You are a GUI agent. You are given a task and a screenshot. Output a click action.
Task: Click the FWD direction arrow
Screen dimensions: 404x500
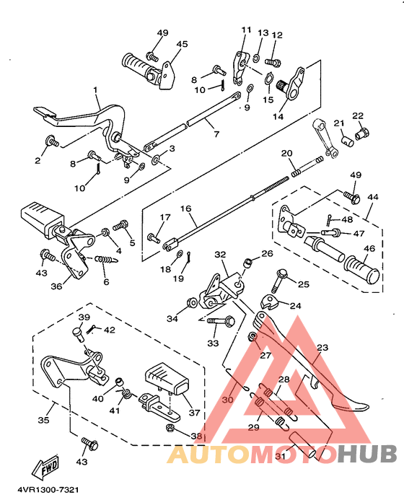point(46,467)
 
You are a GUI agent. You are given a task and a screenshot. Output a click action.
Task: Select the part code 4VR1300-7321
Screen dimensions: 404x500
point(48,489)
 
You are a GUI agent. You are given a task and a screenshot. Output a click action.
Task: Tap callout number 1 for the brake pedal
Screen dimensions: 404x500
point(95,90)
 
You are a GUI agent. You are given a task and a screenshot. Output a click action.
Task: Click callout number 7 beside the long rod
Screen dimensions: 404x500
point(217,134)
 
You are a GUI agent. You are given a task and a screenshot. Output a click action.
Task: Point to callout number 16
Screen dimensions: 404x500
point(186,209)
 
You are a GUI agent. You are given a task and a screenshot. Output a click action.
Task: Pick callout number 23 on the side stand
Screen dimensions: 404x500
point(322,347)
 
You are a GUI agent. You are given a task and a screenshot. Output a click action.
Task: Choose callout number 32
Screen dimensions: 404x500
point(220,255)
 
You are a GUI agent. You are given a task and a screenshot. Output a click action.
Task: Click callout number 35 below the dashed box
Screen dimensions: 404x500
point(44,420)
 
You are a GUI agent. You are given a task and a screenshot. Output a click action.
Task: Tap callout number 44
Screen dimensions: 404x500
point(373,197)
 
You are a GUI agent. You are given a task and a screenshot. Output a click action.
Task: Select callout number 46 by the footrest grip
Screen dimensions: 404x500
point(369,248)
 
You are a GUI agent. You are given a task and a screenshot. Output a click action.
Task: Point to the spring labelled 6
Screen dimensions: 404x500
point(106,260)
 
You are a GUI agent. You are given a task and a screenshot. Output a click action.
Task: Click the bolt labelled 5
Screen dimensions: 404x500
point(120,225)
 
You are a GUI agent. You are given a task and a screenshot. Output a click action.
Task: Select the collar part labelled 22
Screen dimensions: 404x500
point(362,133)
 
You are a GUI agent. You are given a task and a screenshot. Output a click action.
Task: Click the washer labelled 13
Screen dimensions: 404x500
point(256,58)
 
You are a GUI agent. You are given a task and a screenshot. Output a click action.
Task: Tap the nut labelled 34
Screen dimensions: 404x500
point(193,302)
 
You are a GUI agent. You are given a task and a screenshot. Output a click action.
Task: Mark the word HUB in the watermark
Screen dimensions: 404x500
point(367,452)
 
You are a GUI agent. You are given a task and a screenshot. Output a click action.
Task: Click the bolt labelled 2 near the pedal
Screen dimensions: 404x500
point(52,141)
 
